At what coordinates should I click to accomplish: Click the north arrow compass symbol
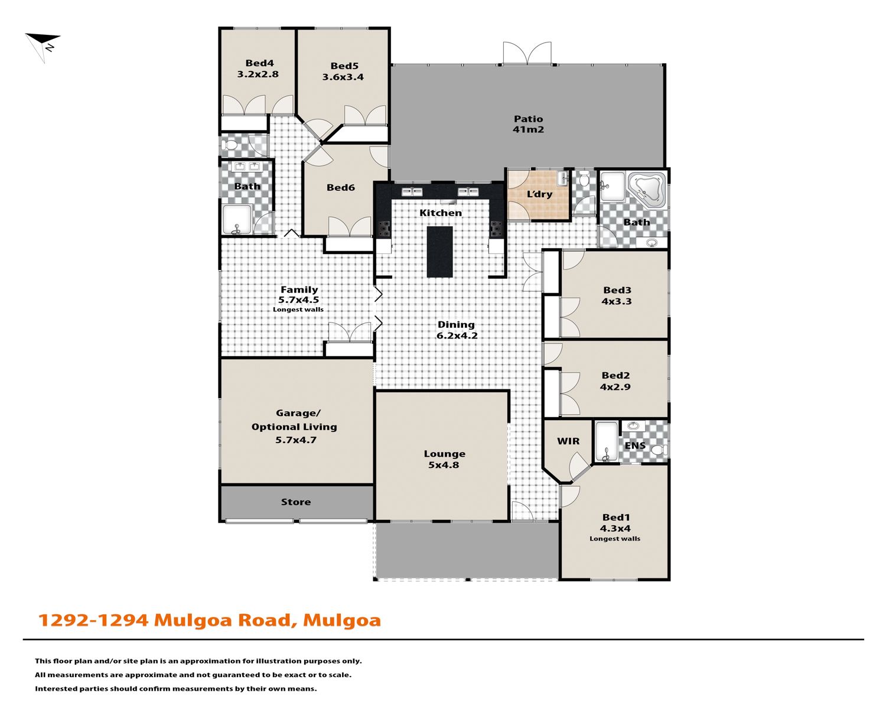coord(43,45)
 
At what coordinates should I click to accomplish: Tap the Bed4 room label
coord(259,63)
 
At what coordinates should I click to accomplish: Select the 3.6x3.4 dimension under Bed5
coord(343,77)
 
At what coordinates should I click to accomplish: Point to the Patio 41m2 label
coord(528,124)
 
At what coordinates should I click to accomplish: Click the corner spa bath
coord(647,189)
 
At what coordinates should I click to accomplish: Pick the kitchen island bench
coord(439,251)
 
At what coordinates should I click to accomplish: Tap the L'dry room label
coord(539,194)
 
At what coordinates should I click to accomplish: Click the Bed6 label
coord(340,187)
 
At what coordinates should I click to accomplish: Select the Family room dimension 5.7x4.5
coord(298,300)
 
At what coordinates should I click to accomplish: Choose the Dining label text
coord(456,324)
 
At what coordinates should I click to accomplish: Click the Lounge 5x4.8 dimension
coord(444,465)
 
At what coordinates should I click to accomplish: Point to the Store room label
coord(296,502)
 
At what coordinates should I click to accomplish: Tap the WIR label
coord(568,441)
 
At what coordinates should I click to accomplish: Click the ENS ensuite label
coord(635,445)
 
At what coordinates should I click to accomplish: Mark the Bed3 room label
coord(617,290)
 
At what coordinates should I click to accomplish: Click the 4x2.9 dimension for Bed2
coord(615,387)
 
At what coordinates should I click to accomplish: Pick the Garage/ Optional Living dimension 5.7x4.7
coord(296,440)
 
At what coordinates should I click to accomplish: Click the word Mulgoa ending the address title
coord(342,620)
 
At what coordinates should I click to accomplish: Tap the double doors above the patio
coord(527,53)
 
